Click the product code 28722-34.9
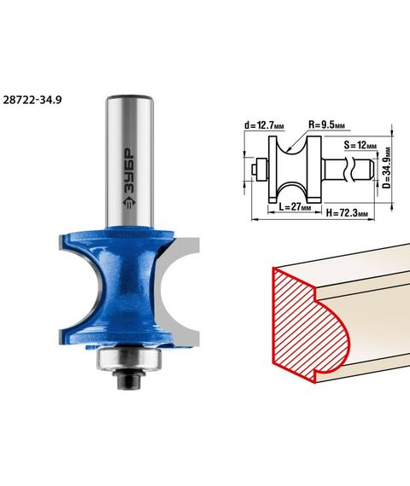tap(32, 100)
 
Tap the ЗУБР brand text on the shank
tap(129, 170)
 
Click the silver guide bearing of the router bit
tap(129, 358)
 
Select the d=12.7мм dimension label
tap(264, 125)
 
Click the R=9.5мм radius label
tap(326, 124)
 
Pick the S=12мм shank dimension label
tap(360, 145)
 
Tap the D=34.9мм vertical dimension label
tap(386, 168)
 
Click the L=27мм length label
tap(295, 206)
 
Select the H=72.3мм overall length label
tap(347, 213)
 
